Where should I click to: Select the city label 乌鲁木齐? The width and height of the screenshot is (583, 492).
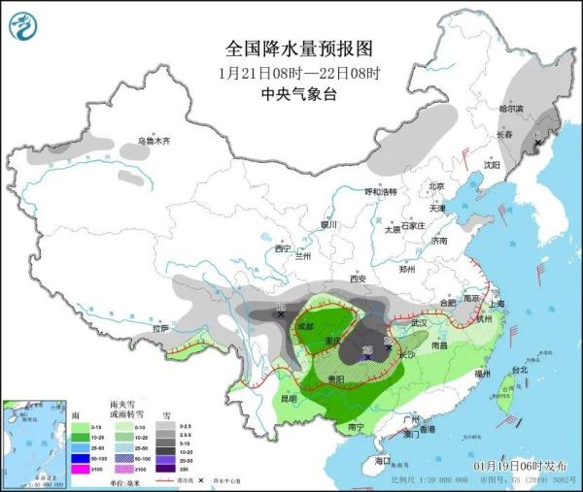(153, 142)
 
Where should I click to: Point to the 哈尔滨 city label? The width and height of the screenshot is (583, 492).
(511, 109)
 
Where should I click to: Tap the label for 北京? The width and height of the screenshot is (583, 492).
(435, 186)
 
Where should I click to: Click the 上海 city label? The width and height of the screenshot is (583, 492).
(498, 303)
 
